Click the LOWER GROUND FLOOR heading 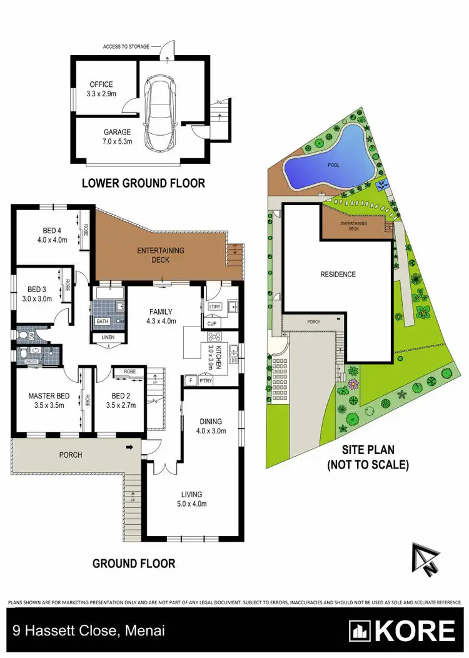(144, 183)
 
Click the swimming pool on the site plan (331, 161)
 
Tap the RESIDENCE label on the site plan (338, 275)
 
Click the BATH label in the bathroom (102, 321)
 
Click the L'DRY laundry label (214, 306)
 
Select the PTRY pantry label (206, 380)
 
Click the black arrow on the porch (129, 447)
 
